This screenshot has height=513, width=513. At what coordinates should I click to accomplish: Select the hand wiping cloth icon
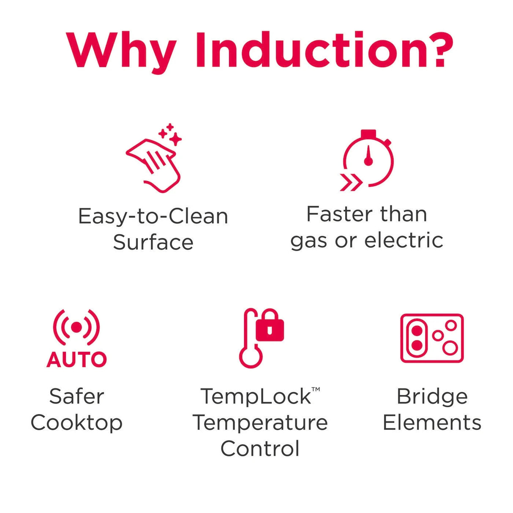[x=153, y=166]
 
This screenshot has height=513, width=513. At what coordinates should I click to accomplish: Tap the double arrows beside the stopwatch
[x=351, y=182]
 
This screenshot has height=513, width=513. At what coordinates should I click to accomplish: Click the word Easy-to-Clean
[x=153, y=217]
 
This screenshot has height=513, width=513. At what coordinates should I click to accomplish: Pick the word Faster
[x=344, y=214]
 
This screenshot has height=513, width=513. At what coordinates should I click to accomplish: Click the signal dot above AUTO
[x=76, y=327]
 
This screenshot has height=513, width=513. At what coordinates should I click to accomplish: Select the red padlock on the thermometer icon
[x=270, y=325]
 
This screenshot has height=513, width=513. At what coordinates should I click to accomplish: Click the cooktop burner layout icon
[x=432, y=338]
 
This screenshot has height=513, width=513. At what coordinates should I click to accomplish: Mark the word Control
[x=260, y=449]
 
